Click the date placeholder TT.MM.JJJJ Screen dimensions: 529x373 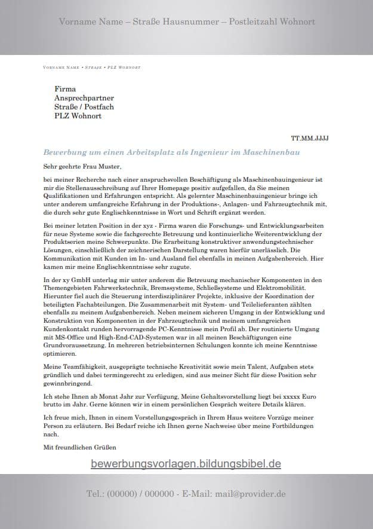(313, 138)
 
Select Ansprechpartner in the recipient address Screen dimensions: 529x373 (84, 98)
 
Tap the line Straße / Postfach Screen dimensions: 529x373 (84, 107)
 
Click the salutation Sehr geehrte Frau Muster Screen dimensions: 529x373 (82, 166)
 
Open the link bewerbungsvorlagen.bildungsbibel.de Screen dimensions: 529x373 (186, 463)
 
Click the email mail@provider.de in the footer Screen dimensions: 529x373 (251, 494)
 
